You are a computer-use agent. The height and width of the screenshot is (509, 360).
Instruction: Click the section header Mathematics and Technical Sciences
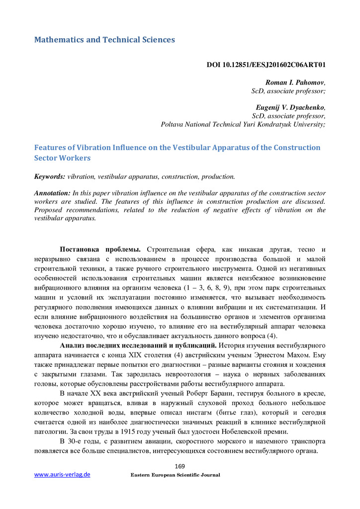point(104,40)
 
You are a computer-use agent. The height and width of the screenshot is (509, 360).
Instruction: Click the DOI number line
point(266,65)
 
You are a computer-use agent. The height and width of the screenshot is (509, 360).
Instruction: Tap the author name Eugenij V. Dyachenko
point(290,107)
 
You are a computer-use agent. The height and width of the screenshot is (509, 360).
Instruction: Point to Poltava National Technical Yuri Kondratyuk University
point(243,124)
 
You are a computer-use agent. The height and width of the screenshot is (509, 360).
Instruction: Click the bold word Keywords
point(49,176)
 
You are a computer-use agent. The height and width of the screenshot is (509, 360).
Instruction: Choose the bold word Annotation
point(52,193)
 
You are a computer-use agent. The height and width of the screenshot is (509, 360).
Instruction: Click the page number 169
point(180,466)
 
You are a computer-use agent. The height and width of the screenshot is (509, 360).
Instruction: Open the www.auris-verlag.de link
point(62,475)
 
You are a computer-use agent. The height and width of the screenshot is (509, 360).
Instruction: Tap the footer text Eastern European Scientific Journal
point(175,475)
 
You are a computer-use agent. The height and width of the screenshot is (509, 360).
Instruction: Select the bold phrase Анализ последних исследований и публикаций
point(138,345)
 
